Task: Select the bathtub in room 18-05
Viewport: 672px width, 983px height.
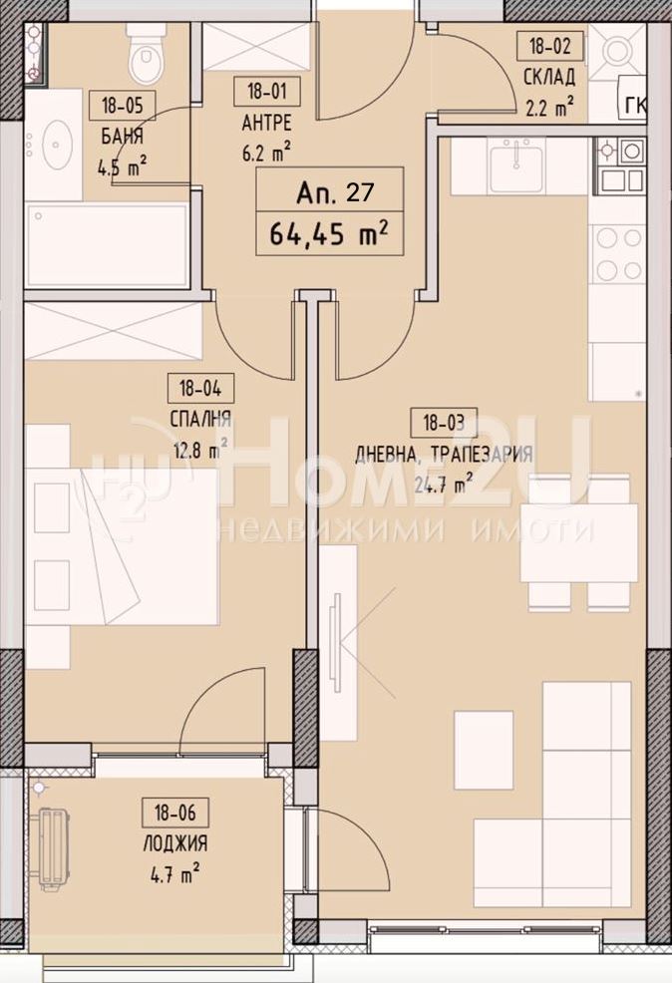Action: click(x=107, y=244)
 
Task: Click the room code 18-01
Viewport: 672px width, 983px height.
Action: click(x=266, y=92)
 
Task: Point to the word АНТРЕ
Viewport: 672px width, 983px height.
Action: click(x=266, y=123)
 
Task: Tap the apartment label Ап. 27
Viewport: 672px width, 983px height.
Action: click(x=334, y=191)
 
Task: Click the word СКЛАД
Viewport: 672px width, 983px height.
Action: click(x=549, y=77)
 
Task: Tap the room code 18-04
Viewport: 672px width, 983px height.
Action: click(x=200, y=389)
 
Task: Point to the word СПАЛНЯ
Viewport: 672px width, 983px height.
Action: click(x=200, y=419)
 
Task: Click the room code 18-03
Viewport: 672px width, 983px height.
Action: click(x=443, y=423)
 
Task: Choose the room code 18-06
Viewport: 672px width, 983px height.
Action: click(x=174, y=814)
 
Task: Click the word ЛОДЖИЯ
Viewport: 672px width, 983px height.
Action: click(x=175, y=843)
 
